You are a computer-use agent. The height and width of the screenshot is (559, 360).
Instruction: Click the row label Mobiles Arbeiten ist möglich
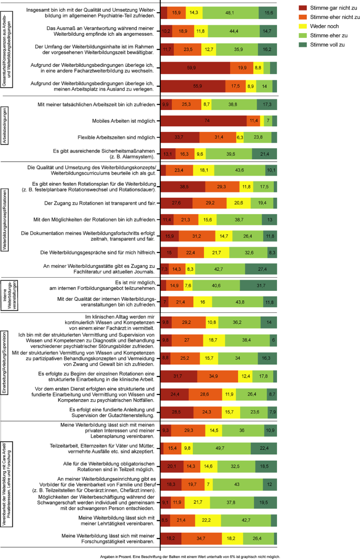(x=121, y=121)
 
